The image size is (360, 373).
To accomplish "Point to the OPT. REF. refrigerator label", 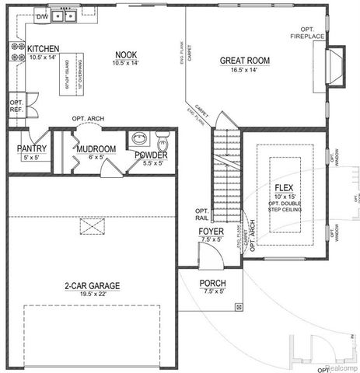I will (16, 106).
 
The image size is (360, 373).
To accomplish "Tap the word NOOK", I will (126, 54).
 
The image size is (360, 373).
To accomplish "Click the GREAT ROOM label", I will (244, 60).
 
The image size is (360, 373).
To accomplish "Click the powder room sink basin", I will (139, 140).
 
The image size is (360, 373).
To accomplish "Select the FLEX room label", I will (283, 188).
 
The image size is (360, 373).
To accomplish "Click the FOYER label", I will (211, 232).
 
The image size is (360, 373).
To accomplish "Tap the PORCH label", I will (212, 283).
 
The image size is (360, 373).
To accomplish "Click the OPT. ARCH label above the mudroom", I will (89, 119).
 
